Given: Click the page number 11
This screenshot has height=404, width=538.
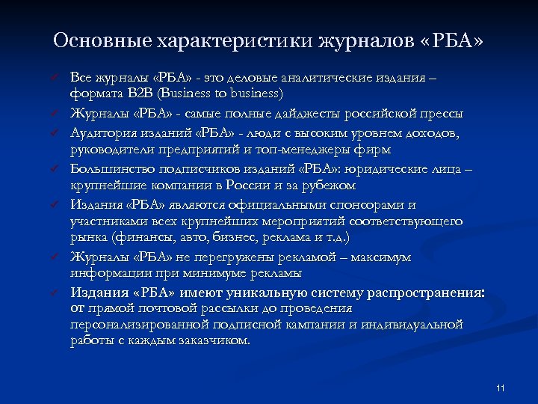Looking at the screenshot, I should (x=501, y=388).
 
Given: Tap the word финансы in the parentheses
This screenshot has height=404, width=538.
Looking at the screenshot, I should (x=146, y=237).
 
